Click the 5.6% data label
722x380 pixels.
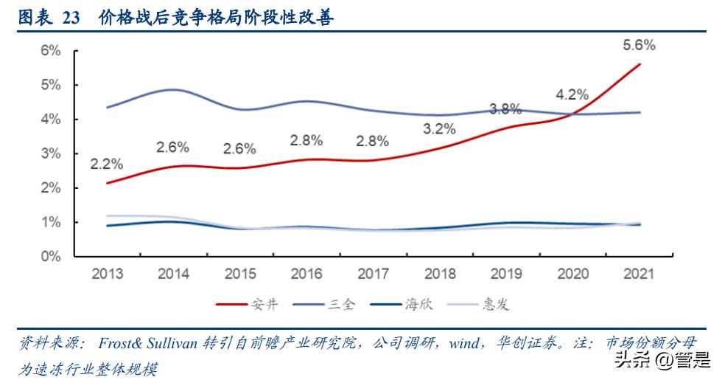[639, 45]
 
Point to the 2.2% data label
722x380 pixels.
[108, 163]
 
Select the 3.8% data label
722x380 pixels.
[505, 109]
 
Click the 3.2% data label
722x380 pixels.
[439, 128]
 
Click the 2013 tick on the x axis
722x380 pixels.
[108, 274]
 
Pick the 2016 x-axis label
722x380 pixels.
[306, 274]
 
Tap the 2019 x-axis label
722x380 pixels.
[506, 274]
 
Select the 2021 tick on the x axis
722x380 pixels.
[639, 274]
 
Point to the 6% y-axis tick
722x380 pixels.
[50, 50]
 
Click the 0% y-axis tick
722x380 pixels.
[50, 257]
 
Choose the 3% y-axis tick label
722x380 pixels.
[50, 153]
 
